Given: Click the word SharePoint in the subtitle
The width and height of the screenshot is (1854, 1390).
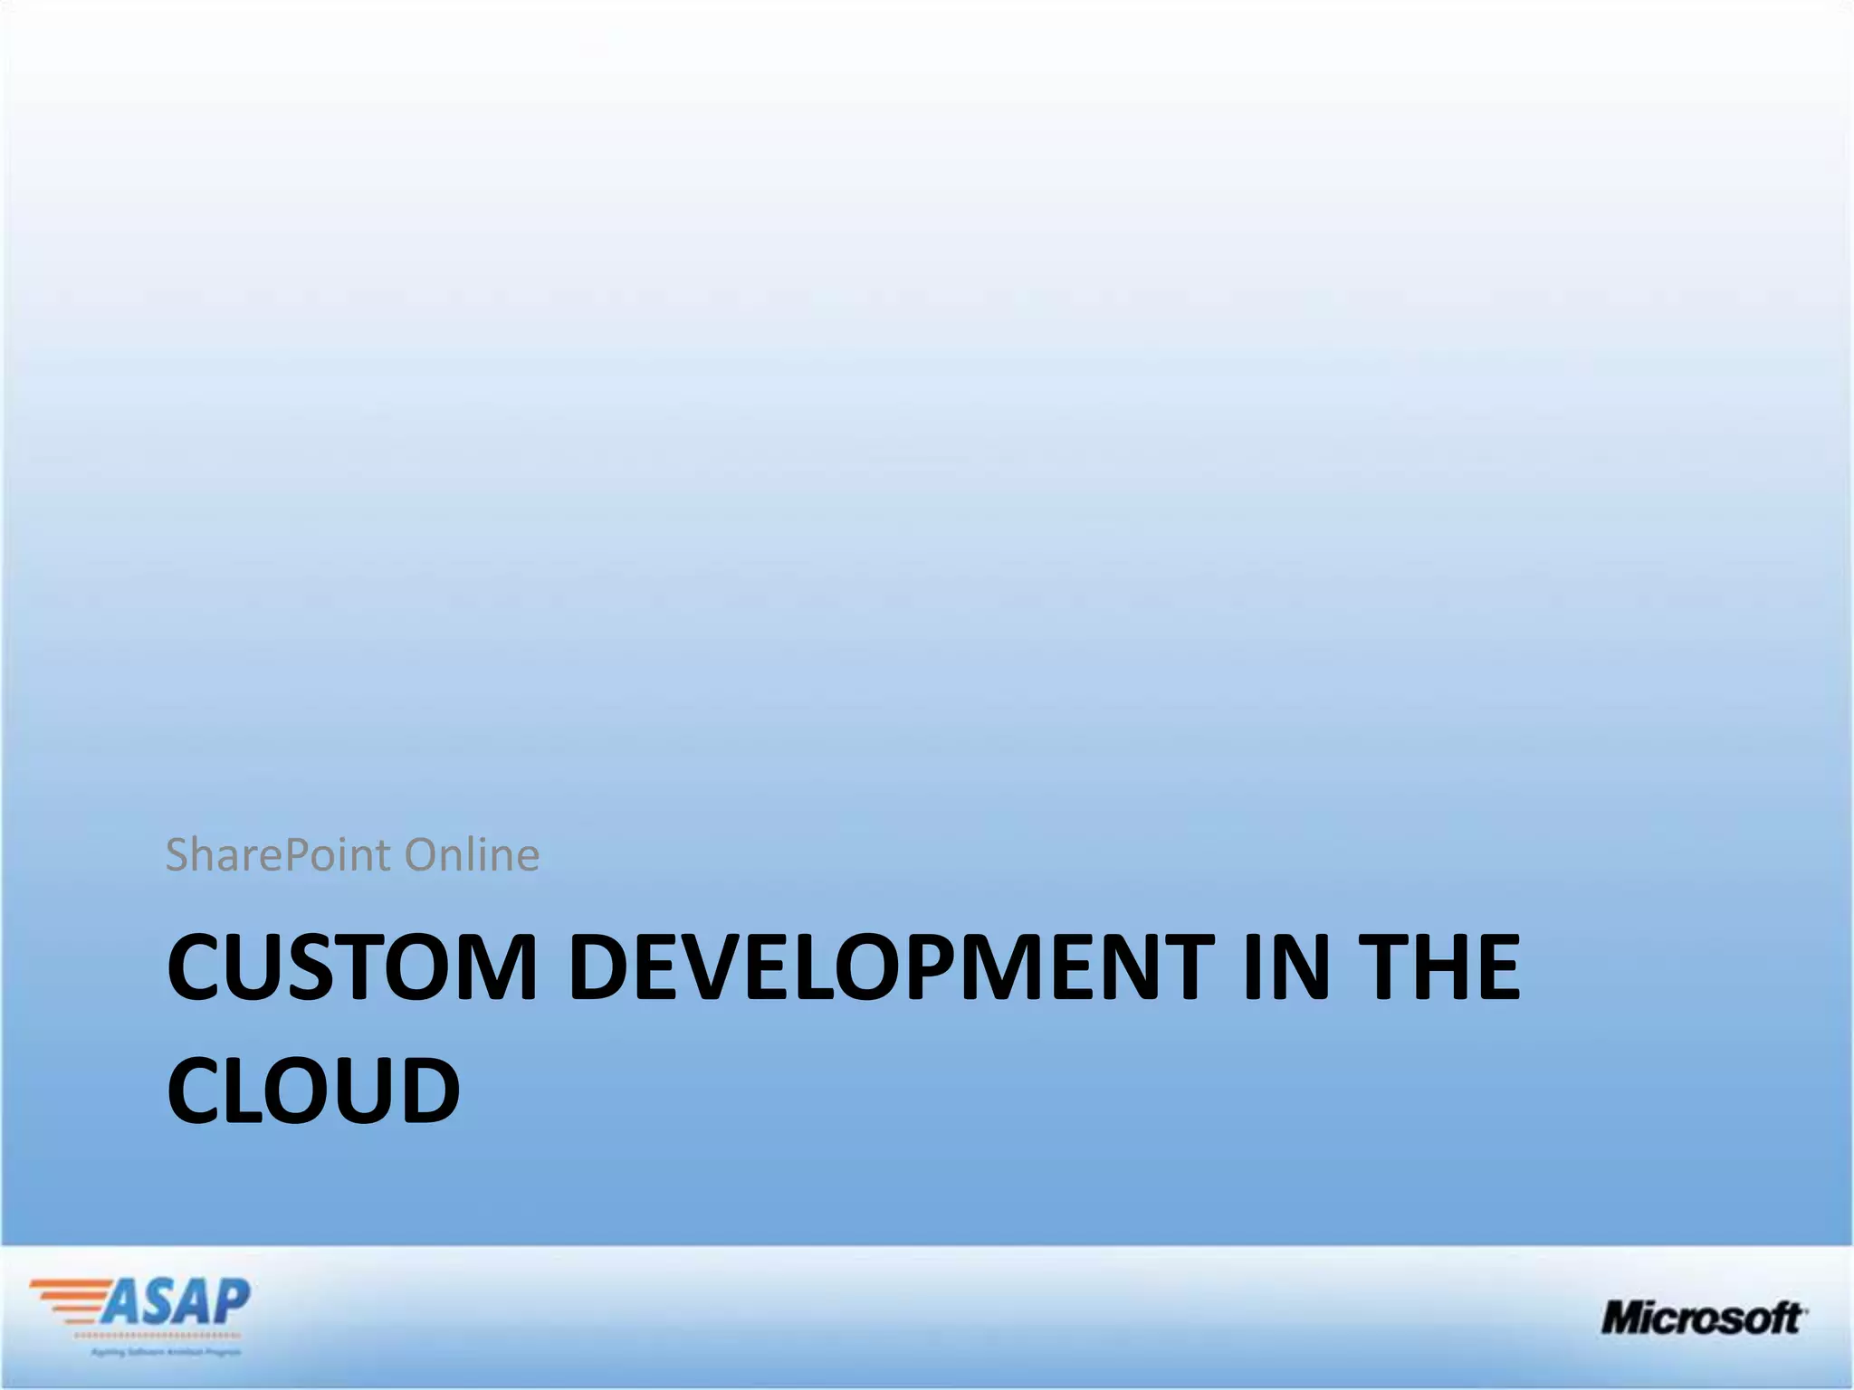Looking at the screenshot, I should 279,855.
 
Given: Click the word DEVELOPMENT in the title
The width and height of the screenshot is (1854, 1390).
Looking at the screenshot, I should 891,968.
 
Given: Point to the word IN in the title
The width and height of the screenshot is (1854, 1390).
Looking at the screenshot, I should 1285,968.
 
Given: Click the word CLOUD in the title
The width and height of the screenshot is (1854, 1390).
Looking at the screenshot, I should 313,1090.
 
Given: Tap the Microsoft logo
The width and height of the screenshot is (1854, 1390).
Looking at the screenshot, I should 1703,1318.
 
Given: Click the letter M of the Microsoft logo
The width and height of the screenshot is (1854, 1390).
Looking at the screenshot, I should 1626,1318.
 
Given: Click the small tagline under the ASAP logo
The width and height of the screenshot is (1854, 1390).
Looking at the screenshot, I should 166,1352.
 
